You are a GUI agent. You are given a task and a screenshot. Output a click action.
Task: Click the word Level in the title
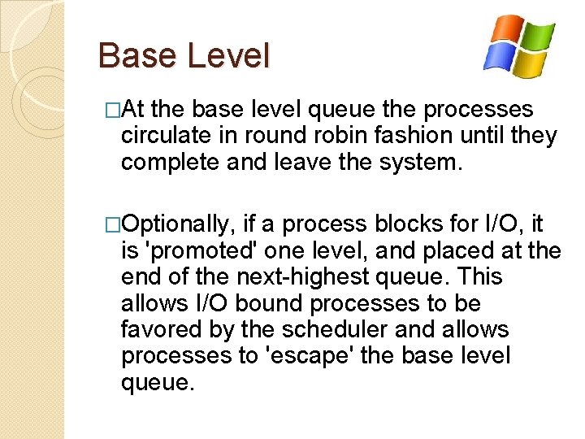coord(227,56)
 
